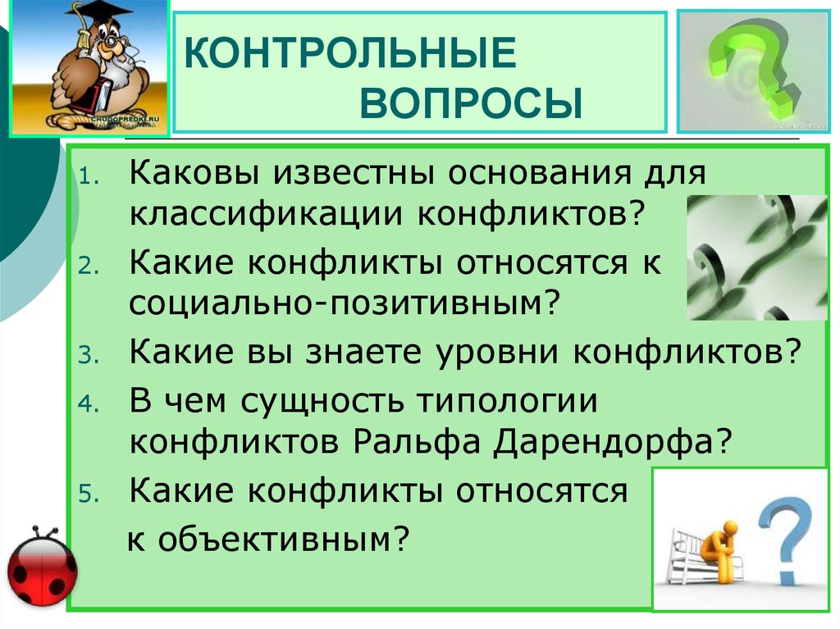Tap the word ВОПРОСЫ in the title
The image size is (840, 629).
pos(471,105)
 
